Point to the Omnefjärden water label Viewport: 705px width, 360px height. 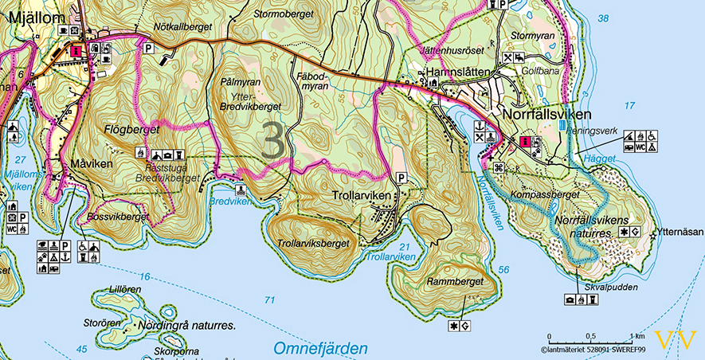(x=320, y=348)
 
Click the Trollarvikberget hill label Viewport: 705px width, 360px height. (x=313, y=244)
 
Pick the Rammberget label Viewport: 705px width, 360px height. (x=456, y=281)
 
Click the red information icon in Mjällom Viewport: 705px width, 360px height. (x=76, y=50)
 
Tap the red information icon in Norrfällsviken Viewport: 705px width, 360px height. (x=524, y=142)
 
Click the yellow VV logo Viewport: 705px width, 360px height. (x=675, y=339)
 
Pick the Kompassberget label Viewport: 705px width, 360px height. (x=545, y=194)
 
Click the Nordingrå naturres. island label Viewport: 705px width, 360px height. (x=189, y=326)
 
